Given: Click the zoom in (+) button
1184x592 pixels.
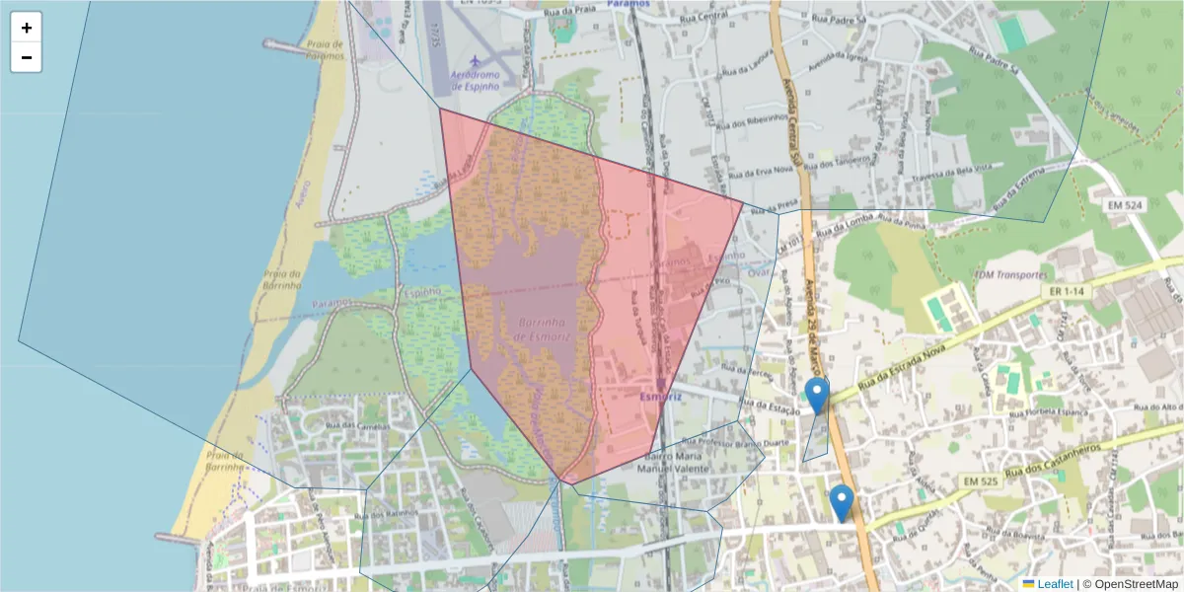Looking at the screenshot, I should point(27,28).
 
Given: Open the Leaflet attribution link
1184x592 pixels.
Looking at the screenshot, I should point(1054,584).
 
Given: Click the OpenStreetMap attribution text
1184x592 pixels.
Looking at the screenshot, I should point(1135,584).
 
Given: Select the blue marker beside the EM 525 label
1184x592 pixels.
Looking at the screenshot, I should point(842,502).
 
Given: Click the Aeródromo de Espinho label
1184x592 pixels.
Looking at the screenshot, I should point(477,80).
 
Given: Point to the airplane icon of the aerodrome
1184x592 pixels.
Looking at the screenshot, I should point(479,62).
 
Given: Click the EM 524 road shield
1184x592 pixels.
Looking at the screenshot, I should point(1124,205).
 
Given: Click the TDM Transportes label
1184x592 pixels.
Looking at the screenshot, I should point(1008,275).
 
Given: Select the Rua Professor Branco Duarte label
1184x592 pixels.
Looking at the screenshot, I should point(725,441).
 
